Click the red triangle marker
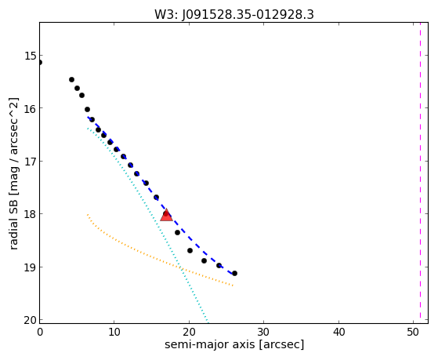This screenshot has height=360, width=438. (166, 215)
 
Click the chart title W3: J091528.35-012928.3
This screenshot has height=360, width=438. (234, 15)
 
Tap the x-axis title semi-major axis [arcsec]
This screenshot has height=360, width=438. (234, 344)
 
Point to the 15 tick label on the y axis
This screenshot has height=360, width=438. (31, 56)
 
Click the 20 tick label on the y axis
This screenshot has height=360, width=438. (31, 320)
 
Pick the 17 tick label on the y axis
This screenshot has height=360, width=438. (31, 162)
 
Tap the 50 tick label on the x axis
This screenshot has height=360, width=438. (413, 333)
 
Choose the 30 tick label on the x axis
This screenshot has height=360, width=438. (263, 333)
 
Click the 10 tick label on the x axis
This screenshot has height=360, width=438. (114, 333)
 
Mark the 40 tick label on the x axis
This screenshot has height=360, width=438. (338, 333)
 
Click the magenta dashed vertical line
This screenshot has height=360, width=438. (421, 173)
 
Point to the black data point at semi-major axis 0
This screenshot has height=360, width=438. (40, 62)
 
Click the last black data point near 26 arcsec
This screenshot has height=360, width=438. (234, 273)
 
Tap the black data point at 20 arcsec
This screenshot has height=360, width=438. (190, 250)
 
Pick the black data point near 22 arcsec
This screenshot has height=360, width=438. (204, 260)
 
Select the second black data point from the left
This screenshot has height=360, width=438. (71, 80)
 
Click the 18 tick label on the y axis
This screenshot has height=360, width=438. (31, 214)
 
